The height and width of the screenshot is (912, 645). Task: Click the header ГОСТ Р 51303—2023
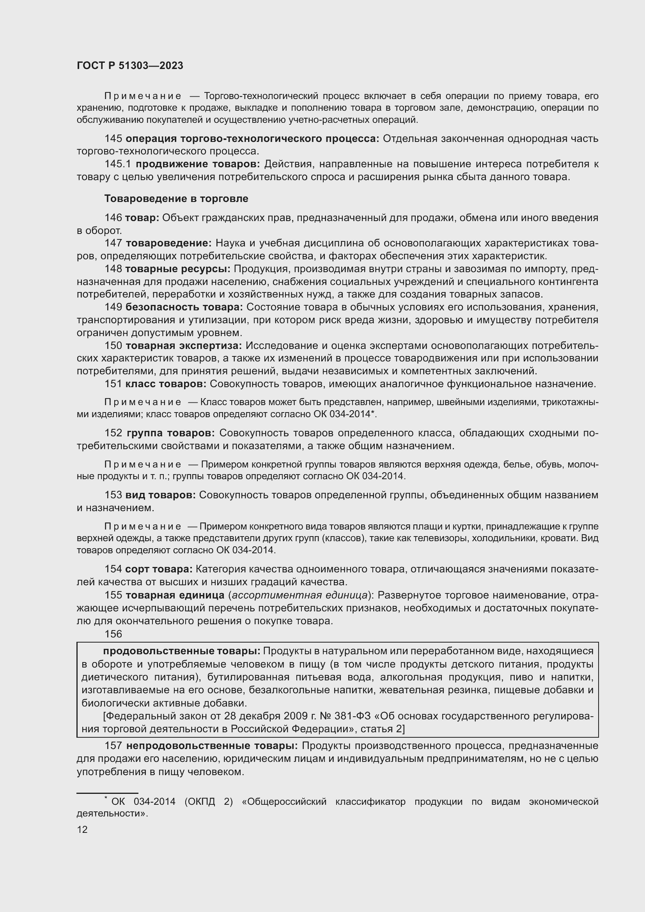coord(130,66)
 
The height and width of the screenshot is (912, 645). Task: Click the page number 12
coord(82,829)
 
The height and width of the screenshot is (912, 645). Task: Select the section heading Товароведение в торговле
coord(176,198)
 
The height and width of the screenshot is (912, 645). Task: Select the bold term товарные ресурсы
coord(177,269)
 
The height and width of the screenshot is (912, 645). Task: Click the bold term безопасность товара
coord(184,307)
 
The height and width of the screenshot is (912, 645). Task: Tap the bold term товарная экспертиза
coord(184,345)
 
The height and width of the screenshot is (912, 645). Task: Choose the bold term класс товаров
coord(166,384)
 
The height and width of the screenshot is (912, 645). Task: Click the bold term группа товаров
coord(171,433)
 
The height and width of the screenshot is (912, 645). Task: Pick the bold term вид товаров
coord(160,495)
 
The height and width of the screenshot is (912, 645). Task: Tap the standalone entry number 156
coord(113,634)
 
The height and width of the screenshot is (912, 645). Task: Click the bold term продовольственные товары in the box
coord(181,651)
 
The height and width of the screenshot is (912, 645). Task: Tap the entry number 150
coord(113,345)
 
